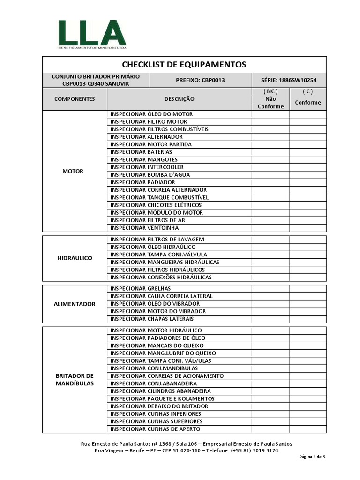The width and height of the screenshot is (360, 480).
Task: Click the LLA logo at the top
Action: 92,34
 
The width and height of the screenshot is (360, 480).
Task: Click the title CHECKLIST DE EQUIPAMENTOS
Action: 184,64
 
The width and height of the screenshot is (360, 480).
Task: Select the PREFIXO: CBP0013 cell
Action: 200,80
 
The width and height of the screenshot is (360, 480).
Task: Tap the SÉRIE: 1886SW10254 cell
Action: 289,80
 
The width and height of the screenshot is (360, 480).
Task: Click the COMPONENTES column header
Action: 75,99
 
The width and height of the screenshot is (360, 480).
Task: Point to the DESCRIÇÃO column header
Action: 179,99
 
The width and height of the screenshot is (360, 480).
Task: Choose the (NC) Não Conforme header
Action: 270,99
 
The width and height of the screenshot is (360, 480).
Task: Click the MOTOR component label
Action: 73,171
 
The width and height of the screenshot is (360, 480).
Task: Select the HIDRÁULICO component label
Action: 75,258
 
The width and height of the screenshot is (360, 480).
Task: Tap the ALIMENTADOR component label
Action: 75,304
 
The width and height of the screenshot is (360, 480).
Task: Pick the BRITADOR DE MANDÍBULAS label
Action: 75,380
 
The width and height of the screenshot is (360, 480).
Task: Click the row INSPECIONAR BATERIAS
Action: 141,152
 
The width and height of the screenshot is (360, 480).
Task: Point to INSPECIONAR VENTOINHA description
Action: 144,228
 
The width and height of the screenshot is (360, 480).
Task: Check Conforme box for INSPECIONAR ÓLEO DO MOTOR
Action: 308,114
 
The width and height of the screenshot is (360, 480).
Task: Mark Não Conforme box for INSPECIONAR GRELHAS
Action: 270,289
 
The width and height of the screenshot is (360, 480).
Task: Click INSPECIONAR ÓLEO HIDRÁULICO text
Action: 153,247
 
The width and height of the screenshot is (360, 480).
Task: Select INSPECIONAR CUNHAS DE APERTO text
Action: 155,429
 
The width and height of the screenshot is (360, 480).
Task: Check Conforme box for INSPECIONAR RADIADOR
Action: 308,182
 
